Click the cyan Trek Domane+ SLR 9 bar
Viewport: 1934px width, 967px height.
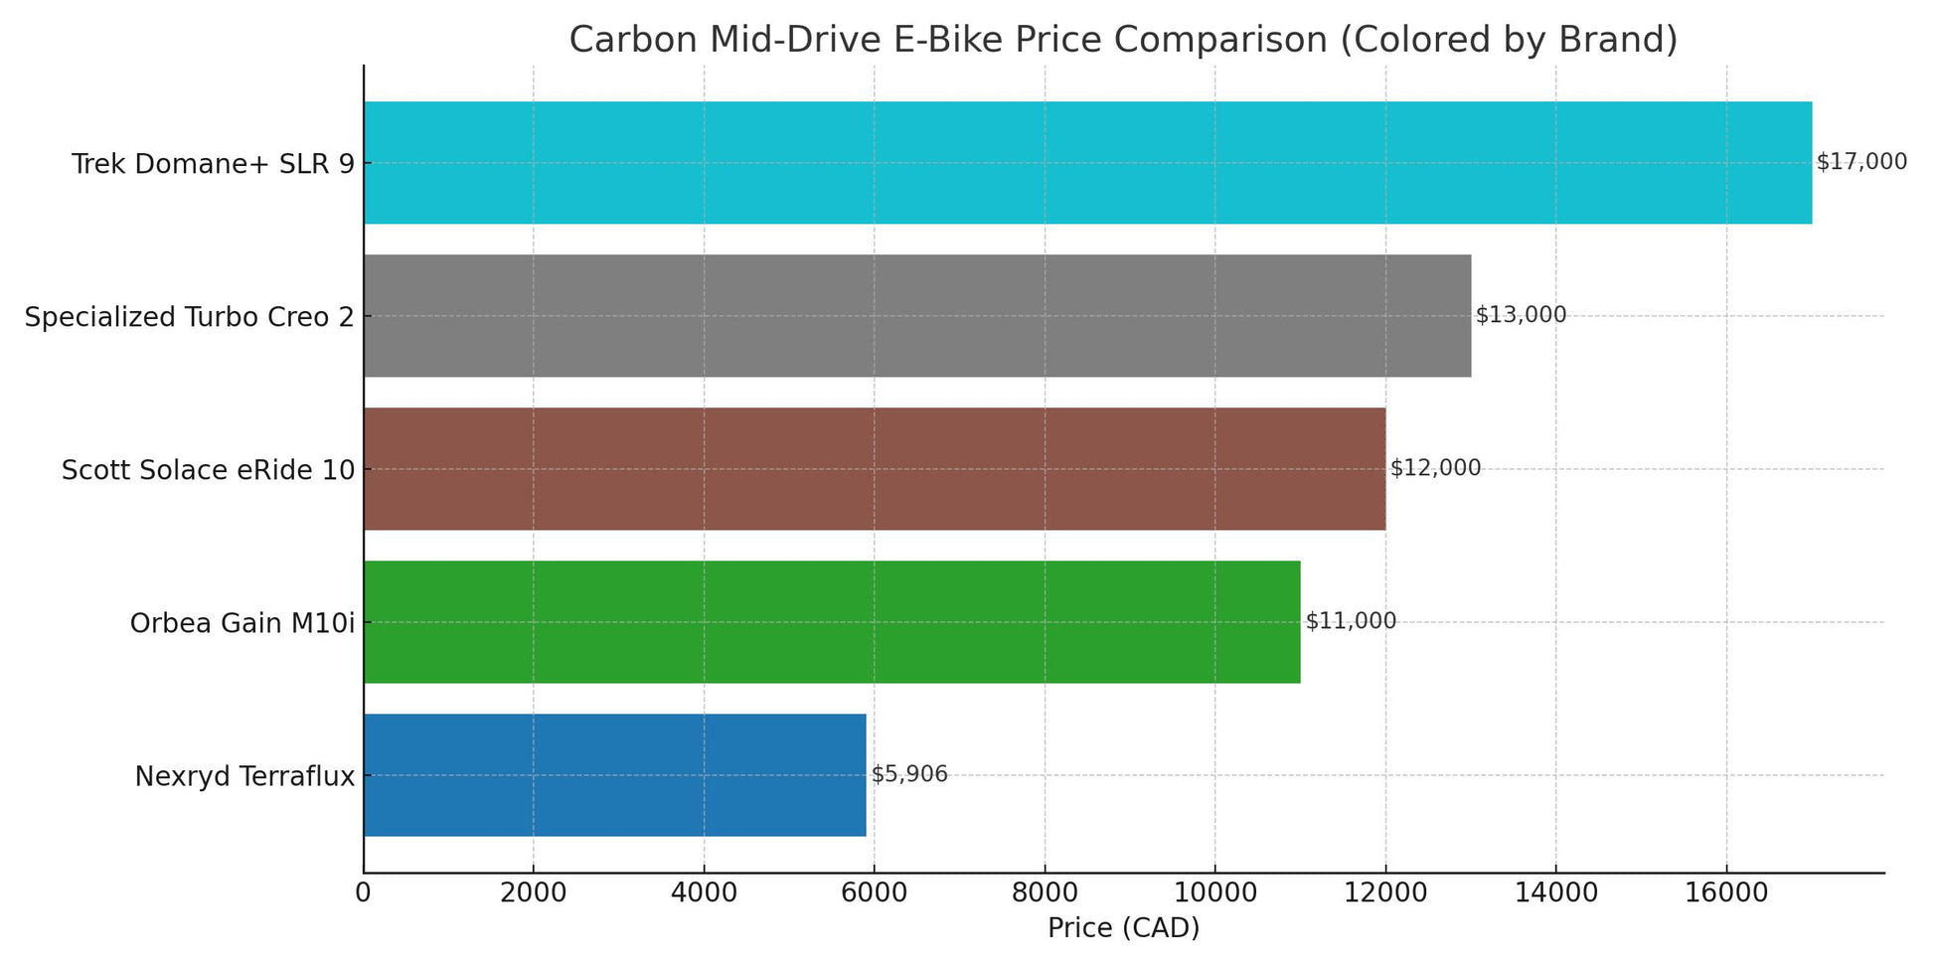(x=1087, y=163)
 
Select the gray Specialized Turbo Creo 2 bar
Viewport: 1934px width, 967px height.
(x=916, y=316)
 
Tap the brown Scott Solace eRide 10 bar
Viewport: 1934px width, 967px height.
(x=875, y=469)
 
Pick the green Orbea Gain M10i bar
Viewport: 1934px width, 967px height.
(x=832, y=622)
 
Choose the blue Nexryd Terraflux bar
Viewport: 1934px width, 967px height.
(x=614, y=775)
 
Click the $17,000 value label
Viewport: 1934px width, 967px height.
(x=1861, y=162)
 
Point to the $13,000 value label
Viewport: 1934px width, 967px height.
(x=1521, y=315)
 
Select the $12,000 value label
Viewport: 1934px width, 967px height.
(x=1435, y=468)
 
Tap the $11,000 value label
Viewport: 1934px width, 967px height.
(x=1351, y=621)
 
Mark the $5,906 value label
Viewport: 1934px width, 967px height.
(x=909, y=774)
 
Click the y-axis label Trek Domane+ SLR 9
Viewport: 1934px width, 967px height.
(x=213, y=164)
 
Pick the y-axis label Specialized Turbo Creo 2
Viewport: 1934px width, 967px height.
(x=190, y=317)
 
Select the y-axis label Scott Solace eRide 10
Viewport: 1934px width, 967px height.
(x=208, y=470)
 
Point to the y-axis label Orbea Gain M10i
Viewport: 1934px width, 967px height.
(x=242, y=623)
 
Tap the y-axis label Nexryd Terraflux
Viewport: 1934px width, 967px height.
(x=244, y=776)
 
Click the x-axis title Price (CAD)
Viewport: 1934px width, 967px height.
(x=1123, y=928)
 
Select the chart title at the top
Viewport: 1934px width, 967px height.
(x=1123, y=40)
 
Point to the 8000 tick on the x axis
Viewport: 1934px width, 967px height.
(x=1045, y=892)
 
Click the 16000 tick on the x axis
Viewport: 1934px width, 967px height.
(x=1725, y=892)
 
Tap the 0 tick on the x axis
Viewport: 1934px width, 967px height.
(x=364, y=892)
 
